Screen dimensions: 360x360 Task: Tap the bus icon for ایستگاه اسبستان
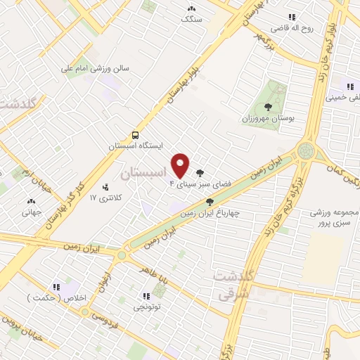[134, 134]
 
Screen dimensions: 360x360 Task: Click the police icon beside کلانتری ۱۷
[105, 187]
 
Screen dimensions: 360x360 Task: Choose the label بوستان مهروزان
[268, 117]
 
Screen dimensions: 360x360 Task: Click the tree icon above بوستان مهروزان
[268, 106]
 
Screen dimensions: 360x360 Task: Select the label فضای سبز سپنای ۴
[189, 184]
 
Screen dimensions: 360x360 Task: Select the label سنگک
[191, 20]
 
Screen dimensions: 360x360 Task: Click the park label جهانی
[31, 210]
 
